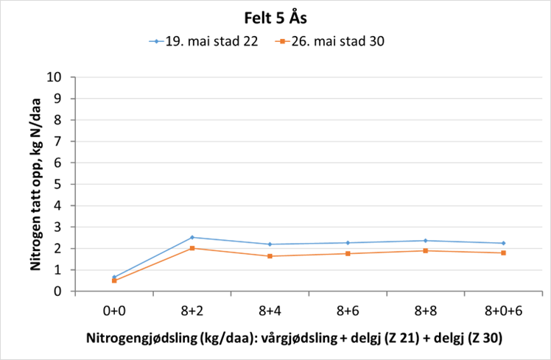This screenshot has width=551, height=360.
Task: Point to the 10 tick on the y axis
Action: tap(62, 77)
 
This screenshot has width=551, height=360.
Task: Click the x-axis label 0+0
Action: tap(114, 311)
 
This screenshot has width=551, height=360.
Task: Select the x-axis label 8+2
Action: tap(192, 311)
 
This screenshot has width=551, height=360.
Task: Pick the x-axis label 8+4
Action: tap(270, 311)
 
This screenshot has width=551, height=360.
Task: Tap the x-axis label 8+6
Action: tap(348, 311)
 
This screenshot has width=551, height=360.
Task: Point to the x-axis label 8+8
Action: tap(426, 311)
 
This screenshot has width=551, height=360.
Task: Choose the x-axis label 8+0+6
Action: tap(503, 311)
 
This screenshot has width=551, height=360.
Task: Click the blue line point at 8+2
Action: tap(192, 237)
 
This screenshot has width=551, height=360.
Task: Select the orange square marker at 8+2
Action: tap(192, 248)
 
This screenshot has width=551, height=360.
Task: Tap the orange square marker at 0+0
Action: tap(114, 280)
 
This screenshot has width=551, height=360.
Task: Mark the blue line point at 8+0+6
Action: tap(503, 243)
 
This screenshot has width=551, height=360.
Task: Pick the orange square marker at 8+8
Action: tap(426, 251)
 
